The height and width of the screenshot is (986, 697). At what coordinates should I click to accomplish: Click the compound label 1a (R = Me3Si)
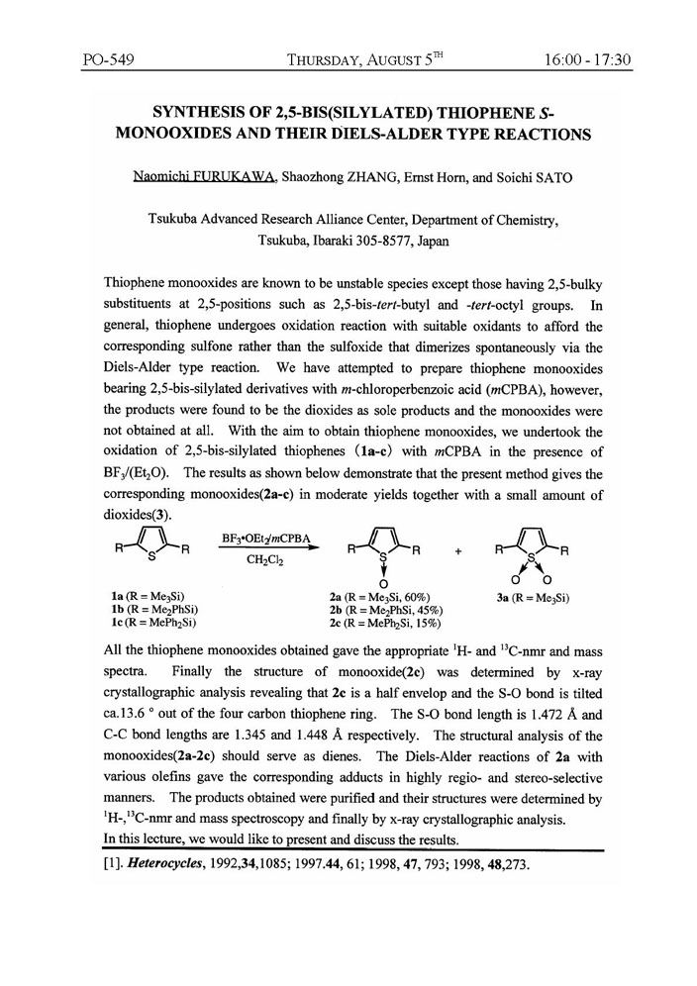coord(143,597)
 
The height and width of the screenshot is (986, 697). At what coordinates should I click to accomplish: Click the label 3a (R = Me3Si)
coord(536,597)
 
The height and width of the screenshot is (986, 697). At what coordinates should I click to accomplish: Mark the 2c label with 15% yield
coord(386,624)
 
